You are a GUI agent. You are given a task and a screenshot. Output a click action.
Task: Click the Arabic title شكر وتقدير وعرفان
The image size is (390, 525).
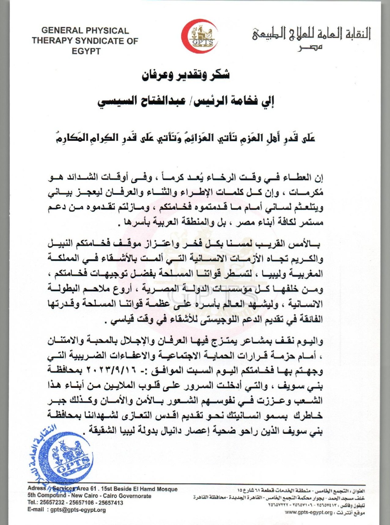(186, 75)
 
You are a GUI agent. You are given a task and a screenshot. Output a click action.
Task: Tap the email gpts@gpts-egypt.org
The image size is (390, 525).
(78, 510)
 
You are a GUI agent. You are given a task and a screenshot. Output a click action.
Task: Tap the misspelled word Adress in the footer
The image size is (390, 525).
(37, 489)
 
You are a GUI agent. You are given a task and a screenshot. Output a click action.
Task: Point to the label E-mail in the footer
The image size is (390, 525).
(36, 510)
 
